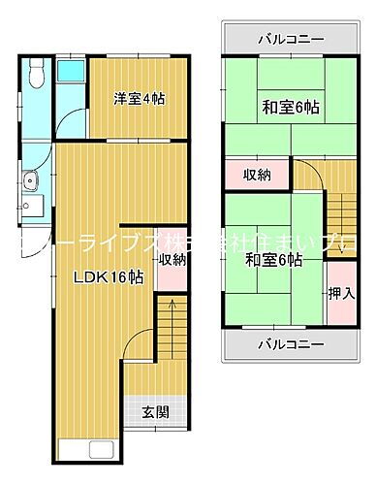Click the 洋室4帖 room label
click(x=135, y=97)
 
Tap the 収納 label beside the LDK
click(x=172, y=259)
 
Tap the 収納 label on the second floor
click(x=257, y=176)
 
